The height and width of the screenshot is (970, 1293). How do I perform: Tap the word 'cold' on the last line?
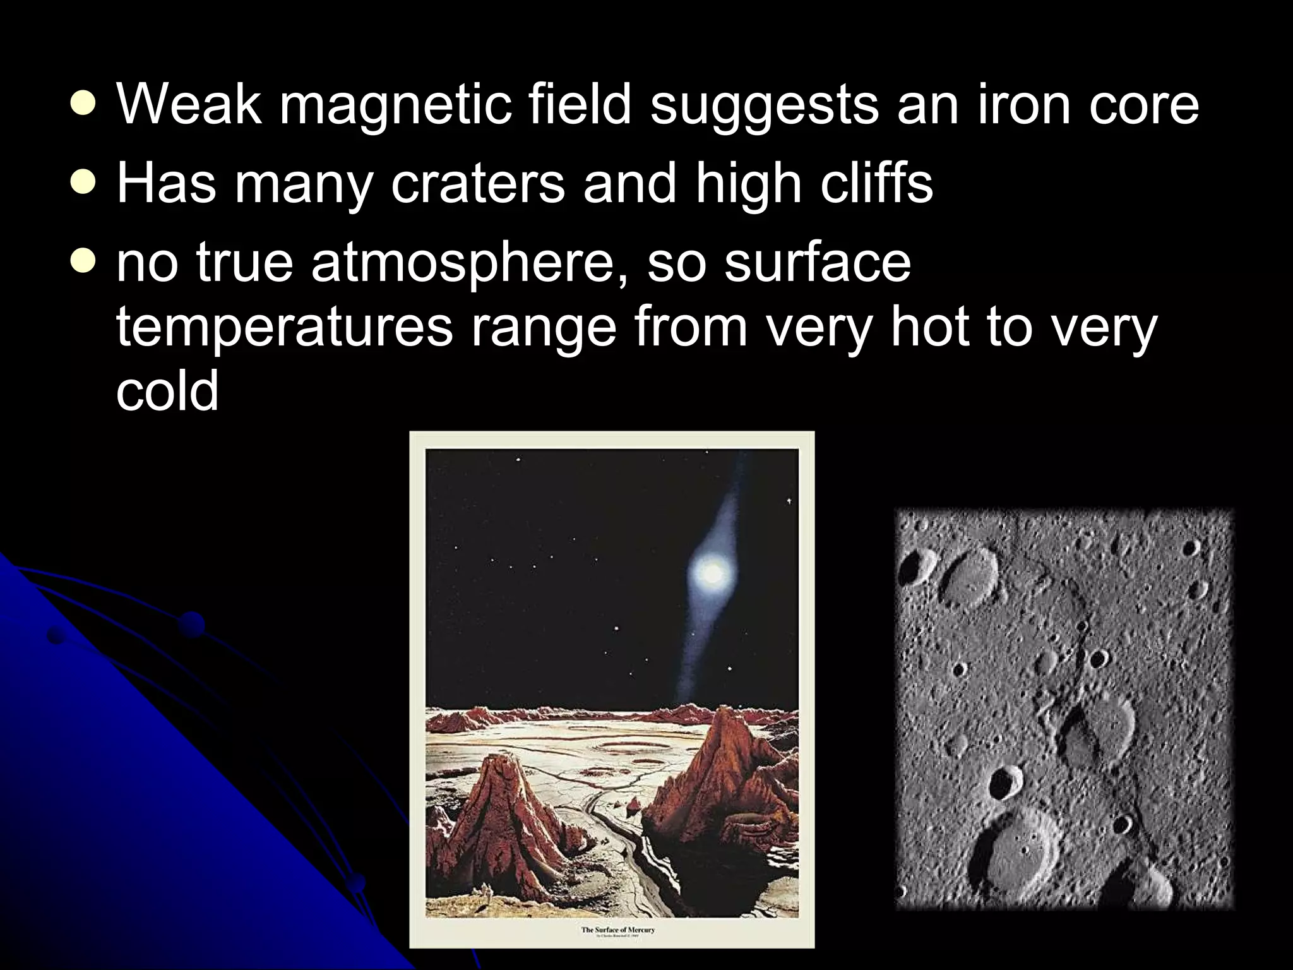(167, 392)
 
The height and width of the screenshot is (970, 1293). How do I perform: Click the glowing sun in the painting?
(712, 572)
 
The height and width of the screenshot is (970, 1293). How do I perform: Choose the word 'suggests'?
(764, 105)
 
